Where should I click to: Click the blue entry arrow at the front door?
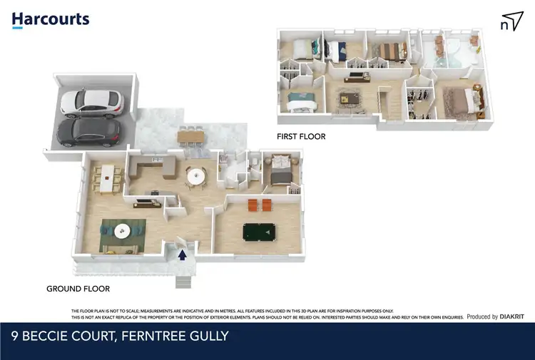[x=182, y=252]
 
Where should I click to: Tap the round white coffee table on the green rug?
[x=123, y=230]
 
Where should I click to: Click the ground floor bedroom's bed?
[x=280, y=173]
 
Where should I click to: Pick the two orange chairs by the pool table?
[x=258, y=205]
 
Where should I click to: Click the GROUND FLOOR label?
[x=78, y=289]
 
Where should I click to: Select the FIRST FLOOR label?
[x=301, y=135]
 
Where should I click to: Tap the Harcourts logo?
[x=51, y=19]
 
